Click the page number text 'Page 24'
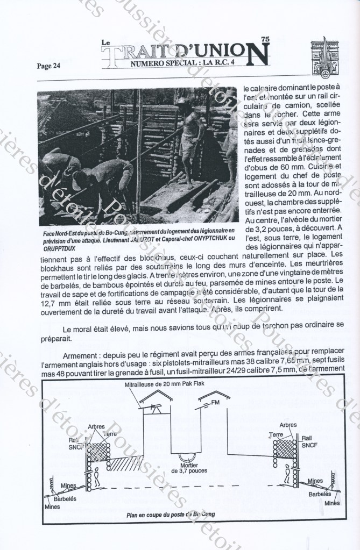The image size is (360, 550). [x=48, y=66]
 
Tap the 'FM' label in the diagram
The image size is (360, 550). [x=215, y=402]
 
